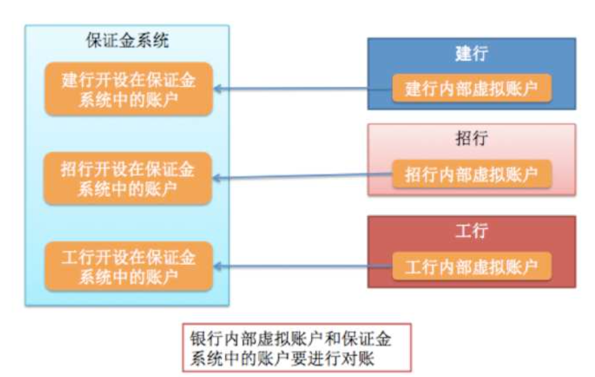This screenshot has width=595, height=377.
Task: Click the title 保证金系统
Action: [x=127, y=42]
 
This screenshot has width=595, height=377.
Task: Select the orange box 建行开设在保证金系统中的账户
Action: [x=128, y=89]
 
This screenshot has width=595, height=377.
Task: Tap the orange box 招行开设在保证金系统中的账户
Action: [x=128, y=178]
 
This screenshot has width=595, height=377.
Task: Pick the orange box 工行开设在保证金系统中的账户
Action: [x=128, y=267]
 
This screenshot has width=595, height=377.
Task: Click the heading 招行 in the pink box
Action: [x=471, y=140]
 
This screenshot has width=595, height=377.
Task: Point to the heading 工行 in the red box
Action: [x=471, y=231]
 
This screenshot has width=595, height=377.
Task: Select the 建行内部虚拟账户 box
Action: [x=471, y=89]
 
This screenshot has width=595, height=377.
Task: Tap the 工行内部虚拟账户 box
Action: [x=471, y=266]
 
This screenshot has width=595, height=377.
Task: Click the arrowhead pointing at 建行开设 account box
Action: [x=218, y=89]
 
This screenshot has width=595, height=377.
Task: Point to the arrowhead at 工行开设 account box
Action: [x=218, y=266]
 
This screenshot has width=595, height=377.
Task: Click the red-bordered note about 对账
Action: [x=296, y=348]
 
